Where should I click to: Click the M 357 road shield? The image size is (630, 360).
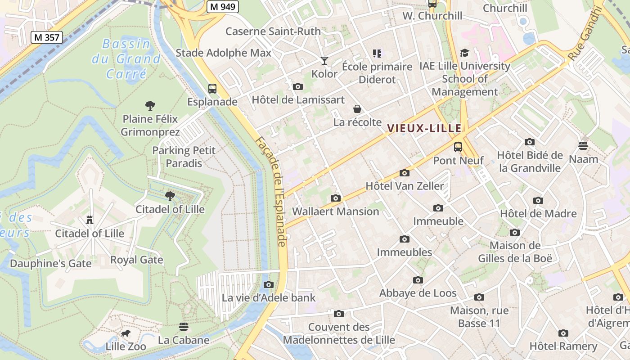click(x=47, y=37)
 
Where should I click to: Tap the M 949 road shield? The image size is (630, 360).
click(x=223, y=6)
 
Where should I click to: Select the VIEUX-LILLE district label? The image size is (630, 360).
click(x=424, y=128)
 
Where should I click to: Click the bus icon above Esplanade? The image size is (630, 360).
click(x=212, y=89)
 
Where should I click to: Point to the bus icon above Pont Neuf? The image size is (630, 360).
click(x=458, y=147)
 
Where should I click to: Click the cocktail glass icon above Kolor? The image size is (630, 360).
click(x=324, y=60)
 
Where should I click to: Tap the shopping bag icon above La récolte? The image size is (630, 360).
click(x=357, y=109)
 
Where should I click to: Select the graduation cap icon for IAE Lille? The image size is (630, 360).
click(x=464, y=53)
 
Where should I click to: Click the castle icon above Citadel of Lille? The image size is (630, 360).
click(x=89, y=220)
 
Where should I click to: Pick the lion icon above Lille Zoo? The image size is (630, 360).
click(x=126, y=333)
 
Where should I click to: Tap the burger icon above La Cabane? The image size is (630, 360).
click(x=184, y=326)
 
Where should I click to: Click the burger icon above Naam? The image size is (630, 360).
click(x=583, y=146)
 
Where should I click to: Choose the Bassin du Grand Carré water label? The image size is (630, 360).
click(x=126, y=58)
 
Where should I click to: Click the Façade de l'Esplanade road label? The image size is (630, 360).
click(x=271, y=191)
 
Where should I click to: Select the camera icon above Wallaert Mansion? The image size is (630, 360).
click(x=335, y=198)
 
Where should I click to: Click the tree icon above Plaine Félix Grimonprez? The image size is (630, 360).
click(x=150, y=106)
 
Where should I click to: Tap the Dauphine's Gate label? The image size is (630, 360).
click(x=51, y=263)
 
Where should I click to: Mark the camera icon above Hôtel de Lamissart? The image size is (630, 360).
click(x=297, y=86)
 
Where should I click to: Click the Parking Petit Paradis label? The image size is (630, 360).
click(x=184, y=157)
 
